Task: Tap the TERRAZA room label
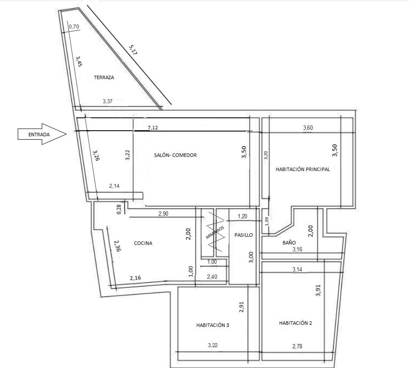[x=104, y=77]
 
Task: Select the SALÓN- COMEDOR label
[x=175, y=155]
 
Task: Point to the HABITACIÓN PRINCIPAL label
[x=303, y=169]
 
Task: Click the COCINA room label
[x=143, y=243]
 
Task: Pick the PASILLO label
[x=244, y=235]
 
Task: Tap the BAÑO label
[x=289, y=243]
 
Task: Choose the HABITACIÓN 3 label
[x=213, y=325]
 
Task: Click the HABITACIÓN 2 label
[x=295, y=323]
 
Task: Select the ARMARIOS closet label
[x=215, y=232]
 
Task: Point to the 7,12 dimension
[x=153, y=128]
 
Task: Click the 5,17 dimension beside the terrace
[x=133, y=50]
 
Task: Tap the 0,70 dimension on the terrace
[x=74, y=26]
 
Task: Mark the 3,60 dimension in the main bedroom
[x=308, y=128]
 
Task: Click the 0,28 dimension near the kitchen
[x=119, y=210]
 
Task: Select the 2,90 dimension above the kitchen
[x=163, y=214]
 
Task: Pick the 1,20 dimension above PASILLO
[x=242, y=216]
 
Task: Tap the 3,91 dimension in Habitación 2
[x=318, y=290]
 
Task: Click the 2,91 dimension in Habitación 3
[x=241, y=307]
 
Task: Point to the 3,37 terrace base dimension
[x=107, y=101]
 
